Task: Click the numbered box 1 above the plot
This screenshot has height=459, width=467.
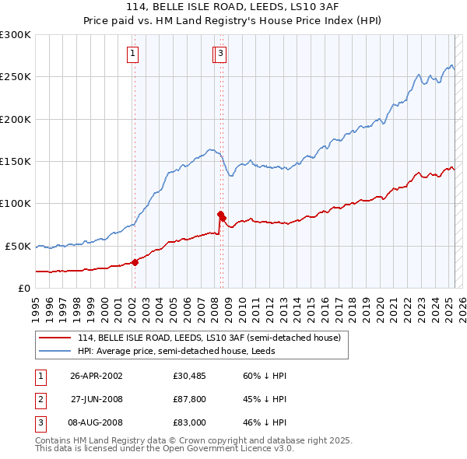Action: click(x=133, y=54)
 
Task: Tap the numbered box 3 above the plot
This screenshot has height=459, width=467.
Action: click(x=221, y=54)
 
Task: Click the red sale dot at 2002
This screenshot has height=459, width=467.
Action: click(x=135, y=262)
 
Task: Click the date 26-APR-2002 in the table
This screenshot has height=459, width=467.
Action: click(x=97, y=376)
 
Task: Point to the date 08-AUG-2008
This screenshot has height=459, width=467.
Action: click(x=97, y=422)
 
